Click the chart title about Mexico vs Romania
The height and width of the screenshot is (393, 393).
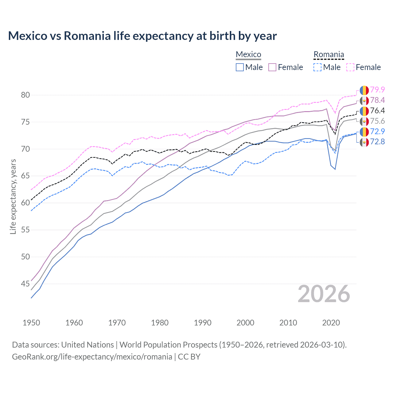tap(142, 36)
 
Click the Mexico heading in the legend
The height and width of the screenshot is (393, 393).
tap(248, 54)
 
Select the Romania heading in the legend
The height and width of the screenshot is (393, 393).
tap(329, 54)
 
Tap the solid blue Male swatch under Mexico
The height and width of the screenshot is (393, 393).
tap(240, 67)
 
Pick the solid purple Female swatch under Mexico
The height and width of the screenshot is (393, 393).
tap(273, 67)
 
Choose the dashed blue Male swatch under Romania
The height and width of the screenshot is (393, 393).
tap(317, 67)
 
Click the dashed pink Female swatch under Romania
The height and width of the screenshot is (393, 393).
tap(350, 67)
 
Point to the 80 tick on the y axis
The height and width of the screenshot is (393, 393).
tap(25, 95)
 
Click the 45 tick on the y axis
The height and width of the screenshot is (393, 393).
tap(25, 284)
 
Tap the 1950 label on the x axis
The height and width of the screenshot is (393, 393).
tap(31, 323)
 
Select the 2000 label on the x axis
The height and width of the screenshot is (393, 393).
tap(245, 323)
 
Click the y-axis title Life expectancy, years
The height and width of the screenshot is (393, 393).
tap(13, 196)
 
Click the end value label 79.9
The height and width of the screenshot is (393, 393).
tap(377, 90)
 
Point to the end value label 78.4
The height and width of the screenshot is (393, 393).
tap(377, 100)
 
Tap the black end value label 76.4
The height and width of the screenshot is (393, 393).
tap(377, 111)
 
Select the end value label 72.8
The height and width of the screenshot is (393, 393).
tap(377, 142)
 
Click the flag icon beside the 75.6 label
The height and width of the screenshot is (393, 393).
tap(364, 121)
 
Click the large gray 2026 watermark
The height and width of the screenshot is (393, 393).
tap(324, 294)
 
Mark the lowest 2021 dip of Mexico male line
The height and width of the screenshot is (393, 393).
tap(335, 169)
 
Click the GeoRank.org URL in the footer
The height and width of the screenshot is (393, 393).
tap(92, 357)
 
